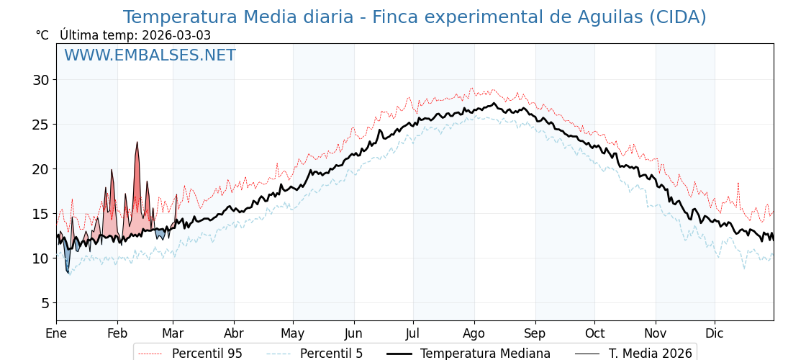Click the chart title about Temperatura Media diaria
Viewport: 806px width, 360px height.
pos(415,17)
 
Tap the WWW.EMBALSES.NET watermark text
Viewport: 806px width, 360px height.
pos(150,55)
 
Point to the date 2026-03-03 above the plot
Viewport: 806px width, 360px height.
pos(176,35)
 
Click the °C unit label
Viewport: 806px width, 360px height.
pos(42,35)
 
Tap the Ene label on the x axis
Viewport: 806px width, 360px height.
pos(56,333)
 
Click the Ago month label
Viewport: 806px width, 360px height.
pos(474,333)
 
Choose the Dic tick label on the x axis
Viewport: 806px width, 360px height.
pos(715,333)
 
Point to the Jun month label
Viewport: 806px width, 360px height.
pos(353,333)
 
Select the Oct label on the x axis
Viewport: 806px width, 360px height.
pos(594,333)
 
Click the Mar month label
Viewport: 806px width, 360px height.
pos(173,333)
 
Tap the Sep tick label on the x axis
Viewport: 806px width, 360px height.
pos(535,333)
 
